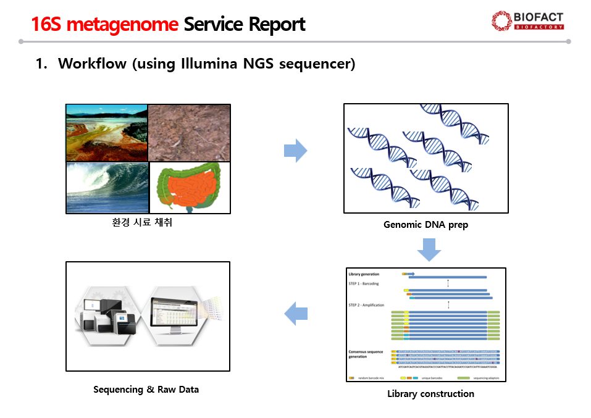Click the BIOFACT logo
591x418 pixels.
pyautogui.click(x=527, y=20)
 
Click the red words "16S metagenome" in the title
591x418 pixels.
pyautogui.click(x=104, y=24)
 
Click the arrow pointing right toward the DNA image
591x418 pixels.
pyautogui.click(x=295, y=151)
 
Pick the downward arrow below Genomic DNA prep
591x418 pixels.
pyautogui.click(x=429, y=249)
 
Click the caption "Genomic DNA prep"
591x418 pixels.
pyautogui.click(x=425, y=225)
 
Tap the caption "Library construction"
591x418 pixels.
pyautogui.click(x=430, y=393)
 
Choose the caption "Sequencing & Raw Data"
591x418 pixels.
pyautogui.click(x=146, y=389)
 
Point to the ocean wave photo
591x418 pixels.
pyautogui.click(x=107, y=188)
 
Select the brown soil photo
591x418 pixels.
pyautogui.click(x=189, y=132)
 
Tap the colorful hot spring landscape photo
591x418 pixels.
pyautogui.click(x=107, y=132)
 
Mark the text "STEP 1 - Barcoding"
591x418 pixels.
pyautogui.click(x=364, y=283)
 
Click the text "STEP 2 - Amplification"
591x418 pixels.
pyautogui.click(x=366, y=305)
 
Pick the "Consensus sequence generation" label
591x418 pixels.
pyautogui.click(x=366, y=354)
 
